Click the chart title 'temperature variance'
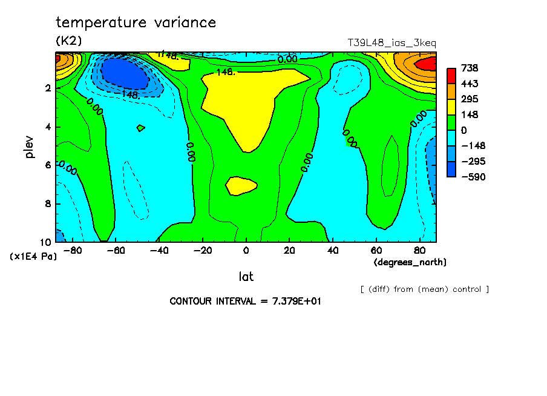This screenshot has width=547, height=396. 136,23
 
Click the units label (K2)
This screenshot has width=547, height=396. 68,41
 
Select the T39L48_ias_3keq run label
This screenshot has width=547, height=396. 391,43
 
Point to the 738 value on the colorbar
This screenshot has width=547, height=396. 470,68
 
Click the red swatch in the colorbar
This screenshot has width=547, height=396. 451,76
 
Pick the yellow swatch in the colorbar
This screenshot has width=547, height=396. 451,107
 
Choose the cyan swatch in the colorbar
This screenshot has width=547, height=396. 451,137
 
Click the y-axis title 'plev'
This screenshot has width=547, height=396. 30,147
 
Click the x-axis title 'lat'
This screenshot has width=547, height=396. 246,277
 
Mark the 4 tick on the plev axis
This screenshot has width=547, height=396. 48,127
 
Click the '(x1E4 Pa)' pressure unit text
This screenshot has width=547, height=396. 33,257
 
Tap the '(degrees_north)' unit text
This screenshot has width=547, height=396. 410,262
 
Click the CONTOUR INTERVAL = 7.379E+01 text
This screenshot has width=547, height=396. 245,301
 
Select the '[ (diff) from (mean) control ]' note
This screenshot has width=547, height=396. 424,289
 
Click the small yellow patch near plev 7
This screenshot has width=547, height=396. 241,186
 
